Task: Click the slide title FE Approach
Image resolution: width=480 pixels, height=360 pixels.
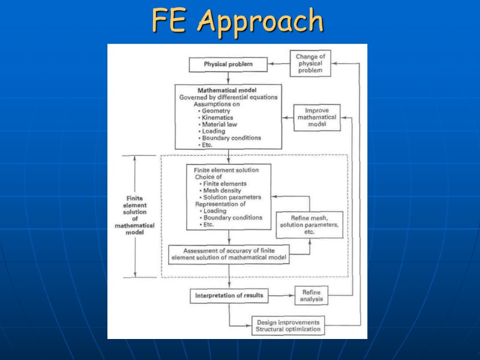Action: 238,22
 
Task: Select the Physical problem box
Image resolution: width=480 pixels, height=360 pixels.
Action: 228,64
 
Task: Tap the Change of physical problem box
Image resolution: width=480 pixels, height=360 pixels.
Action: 310,64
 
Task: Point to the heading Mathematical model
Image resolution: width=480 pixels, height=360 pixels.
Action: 227,91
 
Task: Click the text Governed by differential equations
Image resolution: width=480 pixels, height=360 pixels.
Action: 228,97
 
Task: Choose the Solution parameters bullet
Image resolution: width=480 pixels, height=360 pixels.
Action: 232,197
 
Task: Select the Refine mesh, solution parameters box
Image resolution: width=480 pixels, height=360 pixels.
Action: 309,224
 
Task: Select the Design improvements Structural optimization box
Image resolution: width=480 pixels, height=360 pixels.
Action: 288,325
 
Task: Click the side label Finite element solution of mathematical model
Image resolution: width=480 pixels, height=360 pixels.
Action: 134,215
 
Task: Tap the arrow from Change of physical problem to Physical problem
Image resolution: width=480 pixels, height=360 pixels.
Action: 279,64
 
